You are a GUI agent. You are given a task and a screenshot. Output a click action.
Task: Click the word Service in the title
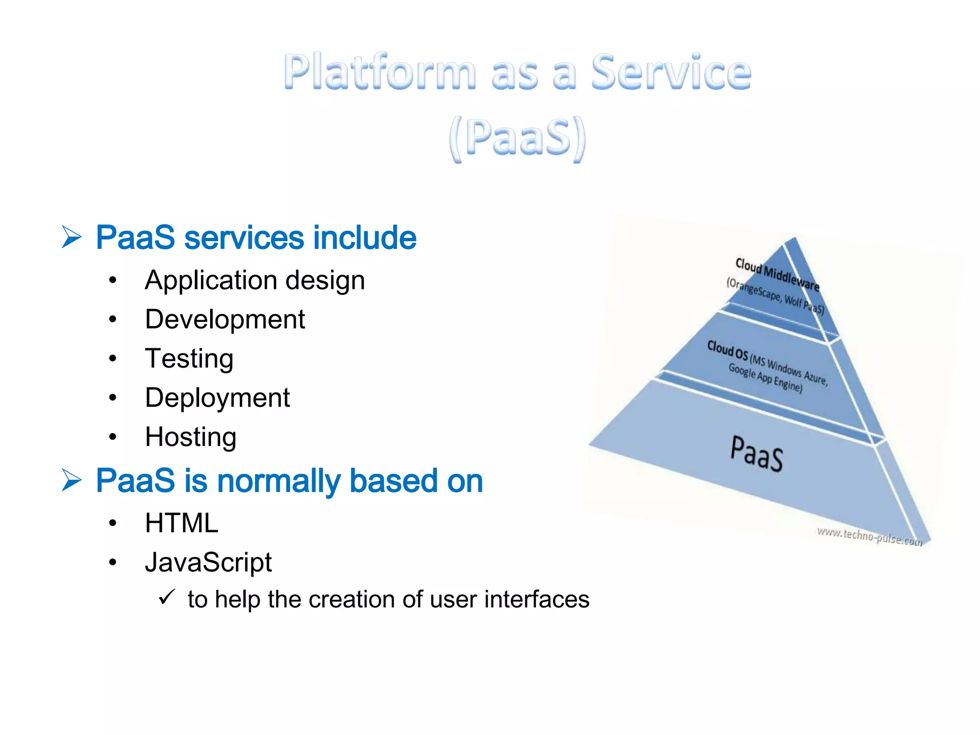click(x=671, y=73)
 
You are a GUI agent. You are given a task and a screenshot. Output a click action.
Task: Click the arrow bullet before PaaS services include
click(x=72, y=237)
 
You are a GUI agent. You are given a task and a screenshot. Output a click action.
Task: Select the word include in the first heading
click(x=365, y=237)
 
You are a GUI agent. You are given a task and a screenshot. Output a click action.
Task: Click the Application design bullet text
click(x=255, y=280)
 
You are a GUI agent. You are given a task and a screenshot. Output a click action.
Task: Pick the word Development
click(x=225, y=320)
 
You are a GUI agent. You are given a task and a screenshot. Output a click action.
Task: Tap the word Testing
click(x=189, y=359)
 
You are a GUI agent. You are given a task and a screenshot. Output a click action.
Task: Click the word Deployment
click(x=217, y=398)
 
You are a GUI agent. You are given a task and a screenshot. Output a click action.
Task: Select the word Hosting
click(x=190, y=437)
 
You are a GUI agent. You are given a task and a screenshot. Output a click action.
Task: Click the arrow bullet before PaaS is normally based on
click(x=72, y=480)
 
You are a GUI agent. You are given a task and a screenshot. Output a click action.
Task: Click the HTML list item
click(x=181, y=523)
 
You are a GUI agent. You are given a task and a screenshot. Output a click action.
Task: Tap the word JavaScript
click(x=208, y=562)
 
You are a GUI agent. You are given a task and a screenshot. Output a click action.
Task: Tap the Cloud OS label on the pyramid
click(x=727, y=350)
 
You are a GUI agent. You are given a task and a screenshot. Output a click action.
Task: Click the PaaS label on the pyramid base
click(x=757, y=453)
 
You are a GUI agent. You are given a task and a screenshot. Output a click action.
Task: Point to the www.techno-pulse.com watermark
click(x=869, y=536)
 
